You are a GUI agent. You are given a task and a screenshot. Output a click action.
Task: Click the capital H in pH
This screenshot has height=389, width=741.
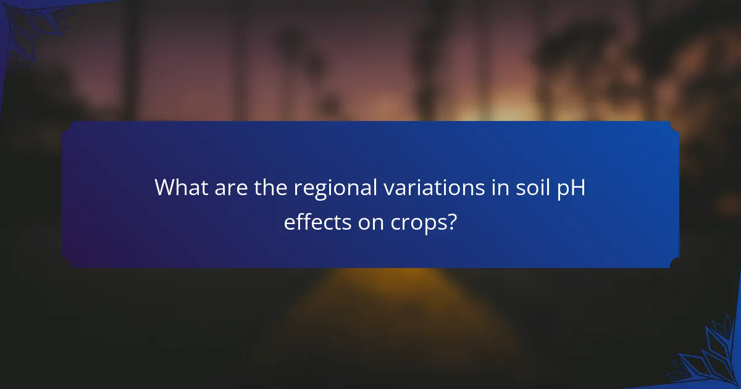tap(577, 187)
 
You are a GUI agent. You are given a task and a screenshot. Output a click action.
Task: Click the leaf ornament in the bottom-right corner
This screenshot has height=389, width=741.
tap(710, 358)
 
